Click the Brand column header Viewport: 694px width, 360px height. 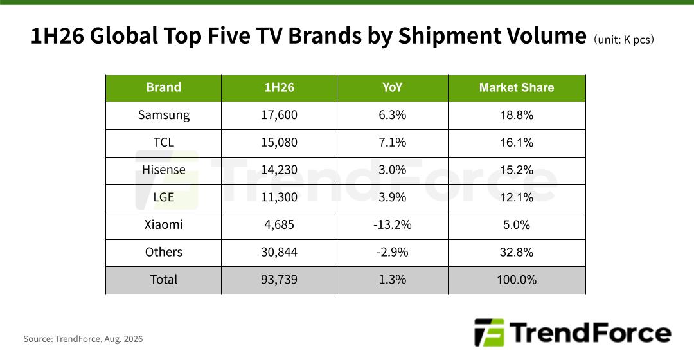[x=163, y=87]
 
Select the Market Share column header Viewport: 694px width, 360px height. [x=517, y=87]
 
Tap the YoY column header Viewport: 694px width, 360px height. [x=392, y=87]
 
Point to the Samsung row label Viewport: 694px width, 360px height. [x=163, y=115]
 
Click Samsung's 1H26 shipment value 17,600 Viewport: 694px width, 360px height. [x=279, y=115]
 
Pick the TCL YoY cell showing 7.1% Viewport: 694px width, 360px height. [x=392, y=143]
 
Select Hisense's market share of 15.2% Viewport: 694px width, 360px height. [x=517, y=170]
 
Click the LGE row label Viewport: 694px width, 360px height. [x=163, y=197]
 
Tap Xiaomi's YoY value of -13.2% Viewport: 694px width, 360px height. [x=392, y=225]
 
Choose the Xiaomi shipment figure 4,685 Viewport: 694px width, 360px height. [x=279, y=225]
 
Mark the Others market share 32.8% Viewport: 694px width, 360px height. [x=517, y=253]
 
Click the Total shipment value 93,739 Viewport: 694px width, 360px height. [x=279, y=280]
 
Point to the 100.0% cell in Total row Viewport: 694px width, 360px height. [x=517, y=280]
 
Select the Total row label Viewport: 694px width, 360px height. [x=163, y=280]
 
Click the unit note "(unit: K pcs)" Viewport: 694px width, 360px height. [x=623, y=40]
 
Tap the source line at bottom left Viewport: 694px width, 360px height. [x=83, y=339]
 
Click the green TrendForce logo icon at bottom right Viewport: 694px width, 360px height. [x=489, y=332]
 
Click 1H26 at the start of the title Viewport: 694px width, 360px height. [x=57, y=36]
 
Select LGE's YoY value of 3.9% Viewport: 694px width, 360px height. [x=392, y=197]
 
